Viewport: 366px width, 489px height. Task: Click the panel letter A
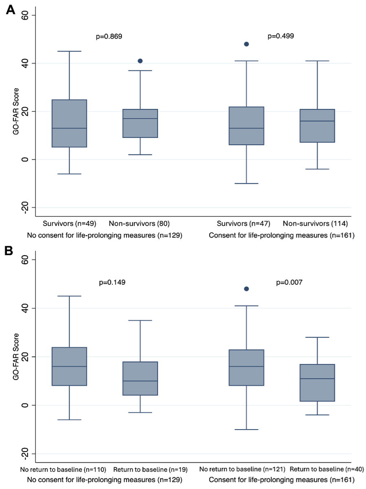[11, 10]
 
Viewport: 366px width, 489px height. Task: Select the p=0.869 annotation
[109, 36]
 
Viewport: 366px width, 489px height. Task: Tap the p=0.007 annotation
[290, 282]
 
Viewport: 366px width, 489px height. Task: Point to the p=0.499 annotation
[281, 36]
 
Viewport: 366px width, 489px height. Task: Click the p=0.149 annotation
[112, 282]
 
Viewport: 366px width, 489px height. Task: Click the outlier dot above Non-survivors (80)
[140, 61]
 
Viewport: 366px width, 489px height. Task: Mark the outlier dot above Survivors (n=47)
[246, 44]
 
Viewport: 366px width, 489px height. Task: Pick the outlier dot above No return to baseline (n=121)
[246, 289]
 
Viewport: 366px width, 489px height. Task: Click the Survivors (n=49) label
[70, 223]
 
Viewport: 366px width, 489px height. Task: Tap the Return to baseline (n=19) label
[150, 469]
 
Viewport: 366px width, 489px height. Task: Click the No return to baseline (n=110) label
[64, 469]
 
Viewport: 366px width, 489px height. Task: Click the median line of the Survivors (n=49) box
[69, 128]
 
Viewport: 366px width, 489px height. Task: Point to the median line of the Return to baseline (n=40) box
[317, 379]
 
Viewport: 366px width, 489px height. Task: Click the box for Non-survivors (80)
[140, 123]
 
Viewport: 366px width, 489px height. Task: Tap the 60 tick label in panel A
[26, 15]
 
